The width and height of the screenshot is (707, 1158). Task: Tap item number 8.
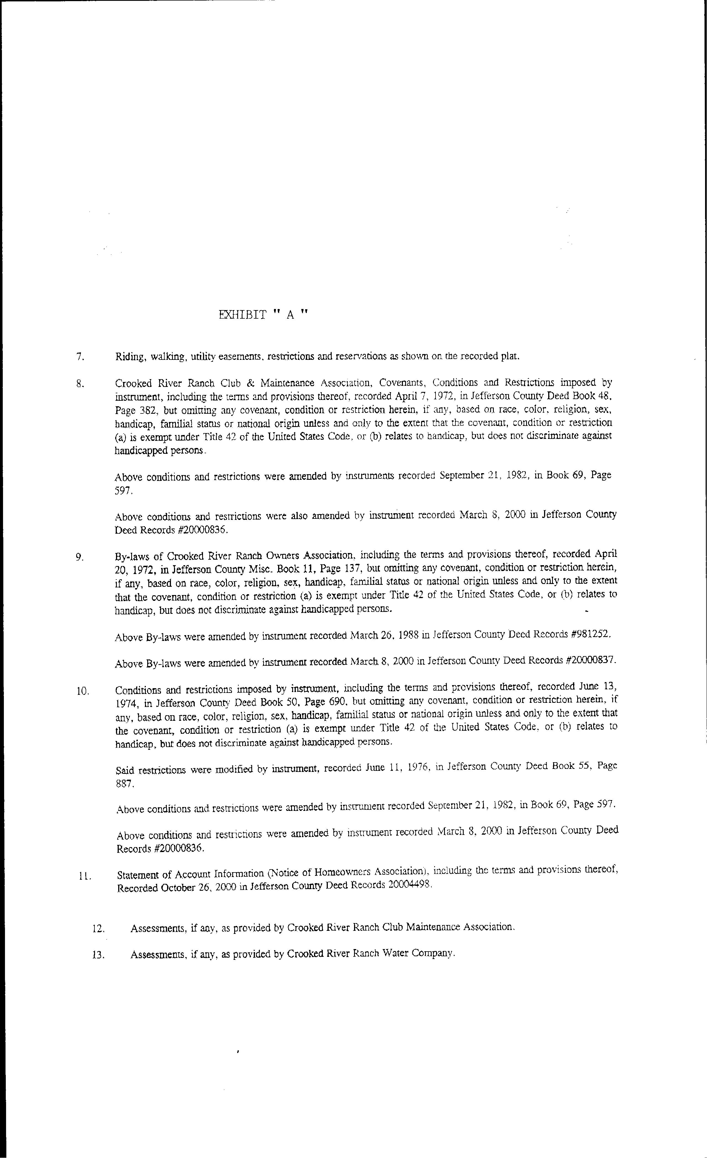tap(80, 384)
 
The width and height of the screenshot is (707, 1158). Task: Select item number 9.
tap(79, 557)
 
